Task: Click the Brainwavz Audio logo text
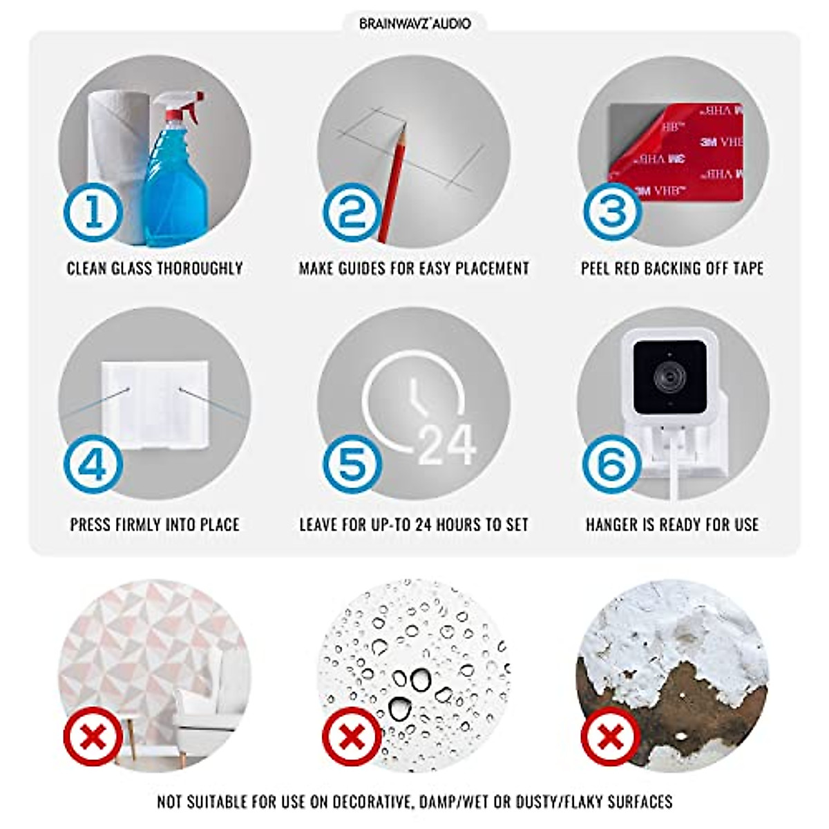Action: point(414,23)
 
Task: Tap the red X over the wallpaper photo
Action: point(93,739)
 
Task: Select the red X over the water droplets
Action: point(353,739)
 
